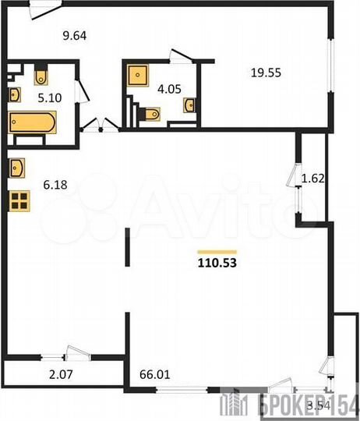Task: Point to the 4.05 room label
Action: (x=168, y=88)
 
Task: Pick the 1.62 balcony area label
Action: (x=312, y=178)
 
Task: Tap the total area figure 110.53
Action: (x=217, y=263)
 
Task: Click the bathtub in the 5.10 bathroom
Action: (x=32, y=123)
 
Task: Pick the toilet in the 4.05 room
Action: (x=152, y=115)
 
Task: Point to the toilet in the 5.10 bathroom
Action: (x=41, y=76)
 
